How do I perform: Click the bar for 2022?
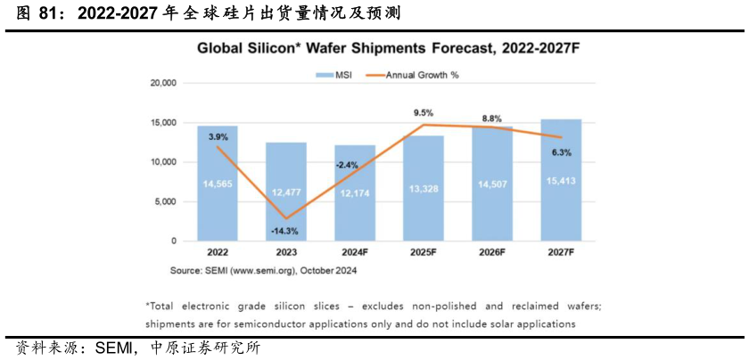click(218, 184)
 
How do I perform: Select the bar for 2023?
click(286, 192)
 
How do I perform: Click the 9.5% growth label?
click(423, 113)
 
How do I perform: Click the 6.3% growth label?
click(561, 152)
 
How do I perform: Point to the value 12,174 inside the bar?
click(355, 208)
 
